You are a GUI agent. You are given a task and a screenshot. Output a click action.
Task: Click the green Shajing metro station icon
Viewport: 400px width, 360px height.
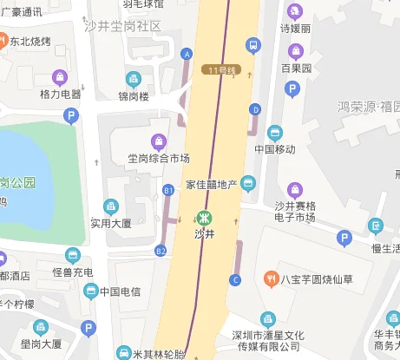(205, 219)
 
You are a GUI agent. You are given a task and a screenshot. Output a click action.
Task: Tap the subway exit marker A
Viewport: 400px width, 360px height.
(186, 54)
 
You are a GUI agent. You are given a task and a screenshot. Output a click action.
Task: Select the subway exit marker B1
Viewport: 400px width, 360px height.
(168, 188)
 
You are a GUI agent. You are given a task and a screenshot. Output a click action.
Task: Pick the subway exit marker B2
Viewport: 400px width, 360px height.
(161, 251)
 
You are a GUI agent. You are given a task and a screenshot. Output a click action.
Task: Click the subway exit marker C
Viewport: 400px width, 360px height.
(234, 279)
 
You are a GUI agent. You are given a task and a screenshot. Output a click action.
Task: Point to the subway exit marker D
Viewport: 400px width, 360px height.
(254, 109)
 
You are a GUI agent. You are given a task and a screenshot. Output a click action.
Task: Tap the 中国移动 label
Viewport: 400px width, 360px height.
(275, 148)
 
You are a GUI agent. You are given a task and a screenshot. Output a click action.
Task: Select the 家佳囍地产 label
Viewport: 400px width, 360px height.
(213, 184)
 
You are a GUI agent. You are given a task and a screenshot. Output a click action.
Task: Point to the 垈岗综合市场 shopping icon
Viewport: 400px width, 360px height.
(158, 141)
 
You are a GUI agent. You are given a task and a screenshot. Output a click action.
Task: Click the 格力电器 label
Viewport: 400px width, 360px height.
(60, 94)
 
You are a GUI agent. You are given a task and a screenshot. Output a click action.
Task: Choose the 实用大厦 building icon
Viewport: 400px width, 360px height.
(110, 206)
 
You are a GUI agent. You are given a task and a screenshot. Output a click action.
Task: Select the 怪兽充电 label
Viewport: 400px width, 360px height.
(72, 272)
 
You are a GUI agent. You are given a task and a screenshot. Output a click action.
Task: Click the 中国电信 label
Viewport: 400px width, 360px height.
(119, 291)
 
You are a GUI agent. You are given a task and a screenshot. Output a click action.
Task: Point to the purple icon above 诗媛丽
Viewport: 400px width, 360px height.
(294, 12)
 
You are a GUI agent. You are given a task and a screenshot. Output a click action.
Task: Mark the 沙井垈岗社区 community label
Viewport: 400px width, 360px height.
(127, 26)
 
